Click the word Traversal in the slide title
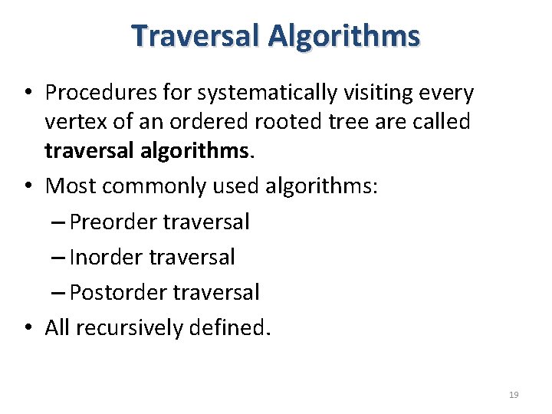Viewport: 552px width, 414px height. (195, 35)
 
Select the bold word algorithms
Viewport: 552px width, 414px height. (196, 151)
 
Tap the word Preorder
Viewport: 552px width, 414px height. (113, 222)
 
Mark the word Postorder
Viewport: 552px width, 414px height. (119, 293)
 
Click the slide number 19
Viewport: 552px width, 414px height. (514, 395)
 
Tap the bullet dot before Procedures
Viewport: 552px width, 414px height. (27, 94)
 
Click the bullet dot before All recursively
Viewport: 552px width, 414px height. (27, 329)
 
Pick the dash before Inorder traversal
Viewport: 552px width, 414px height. (60, 258)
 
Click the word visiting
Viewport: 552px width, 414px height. (369, 93)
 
